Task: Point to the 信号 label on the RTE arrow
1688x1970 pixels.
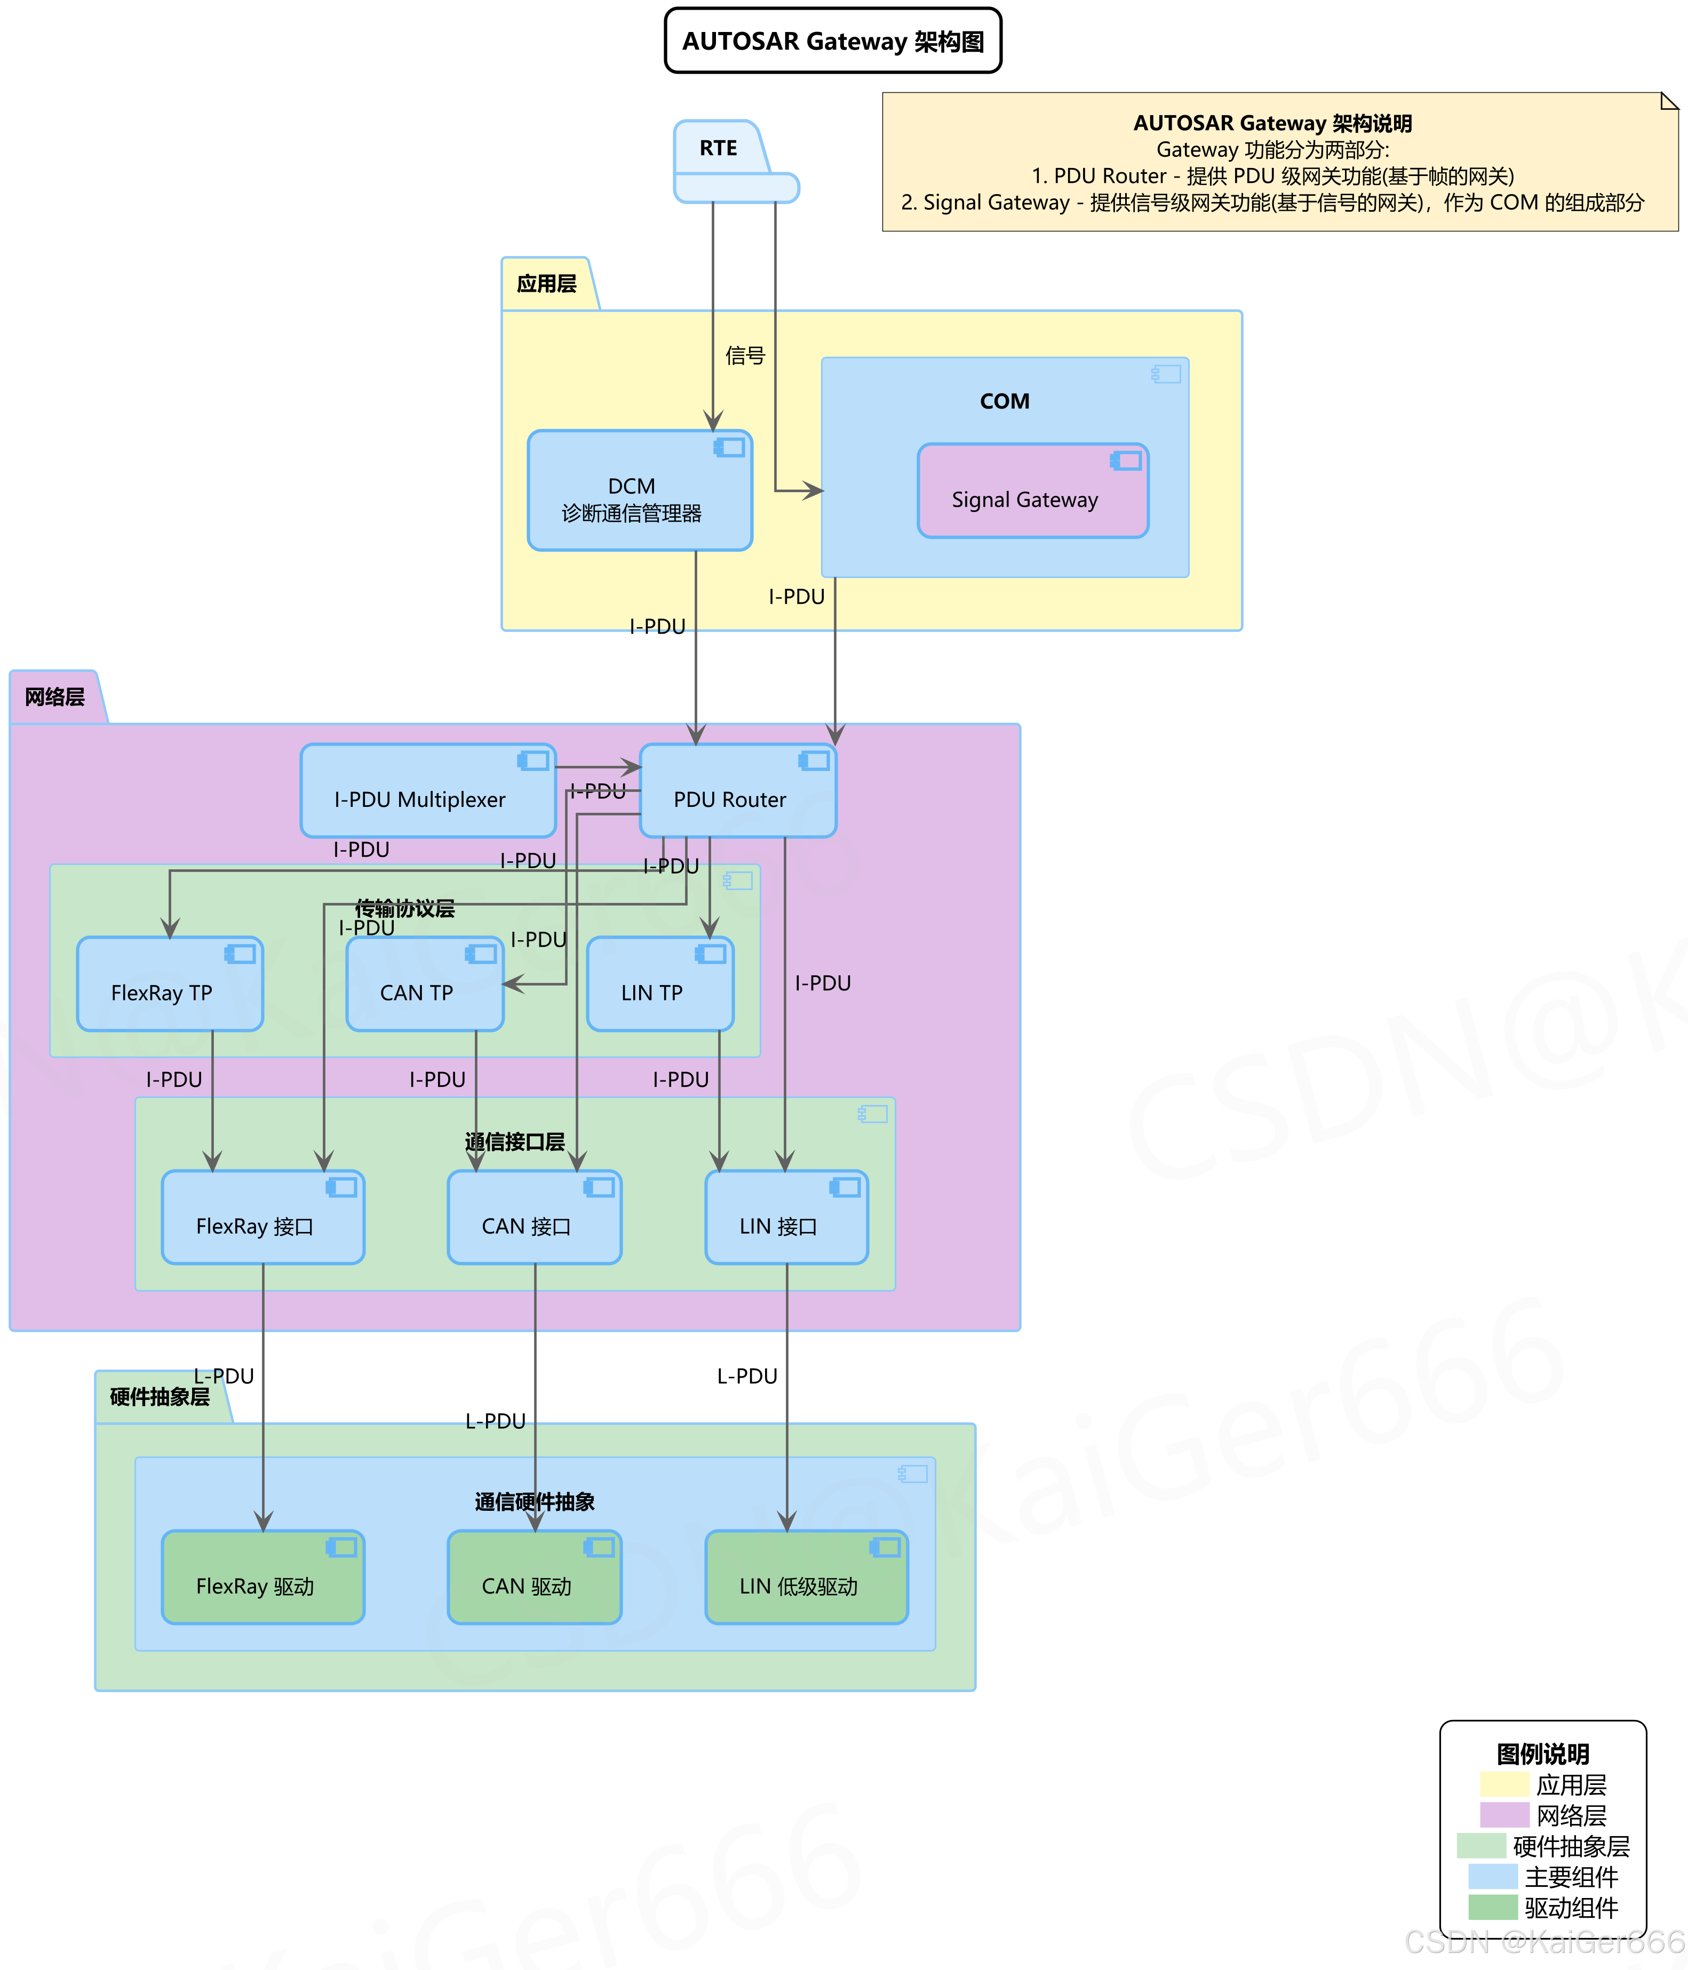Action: coord(745,356)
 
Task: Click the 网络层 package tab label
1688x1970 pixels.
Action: coord(55,697)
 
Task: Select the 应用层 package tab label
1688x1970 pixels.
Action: coord(547,283)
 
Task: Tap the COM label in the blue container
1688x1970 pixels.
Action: coord(1004,401)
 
